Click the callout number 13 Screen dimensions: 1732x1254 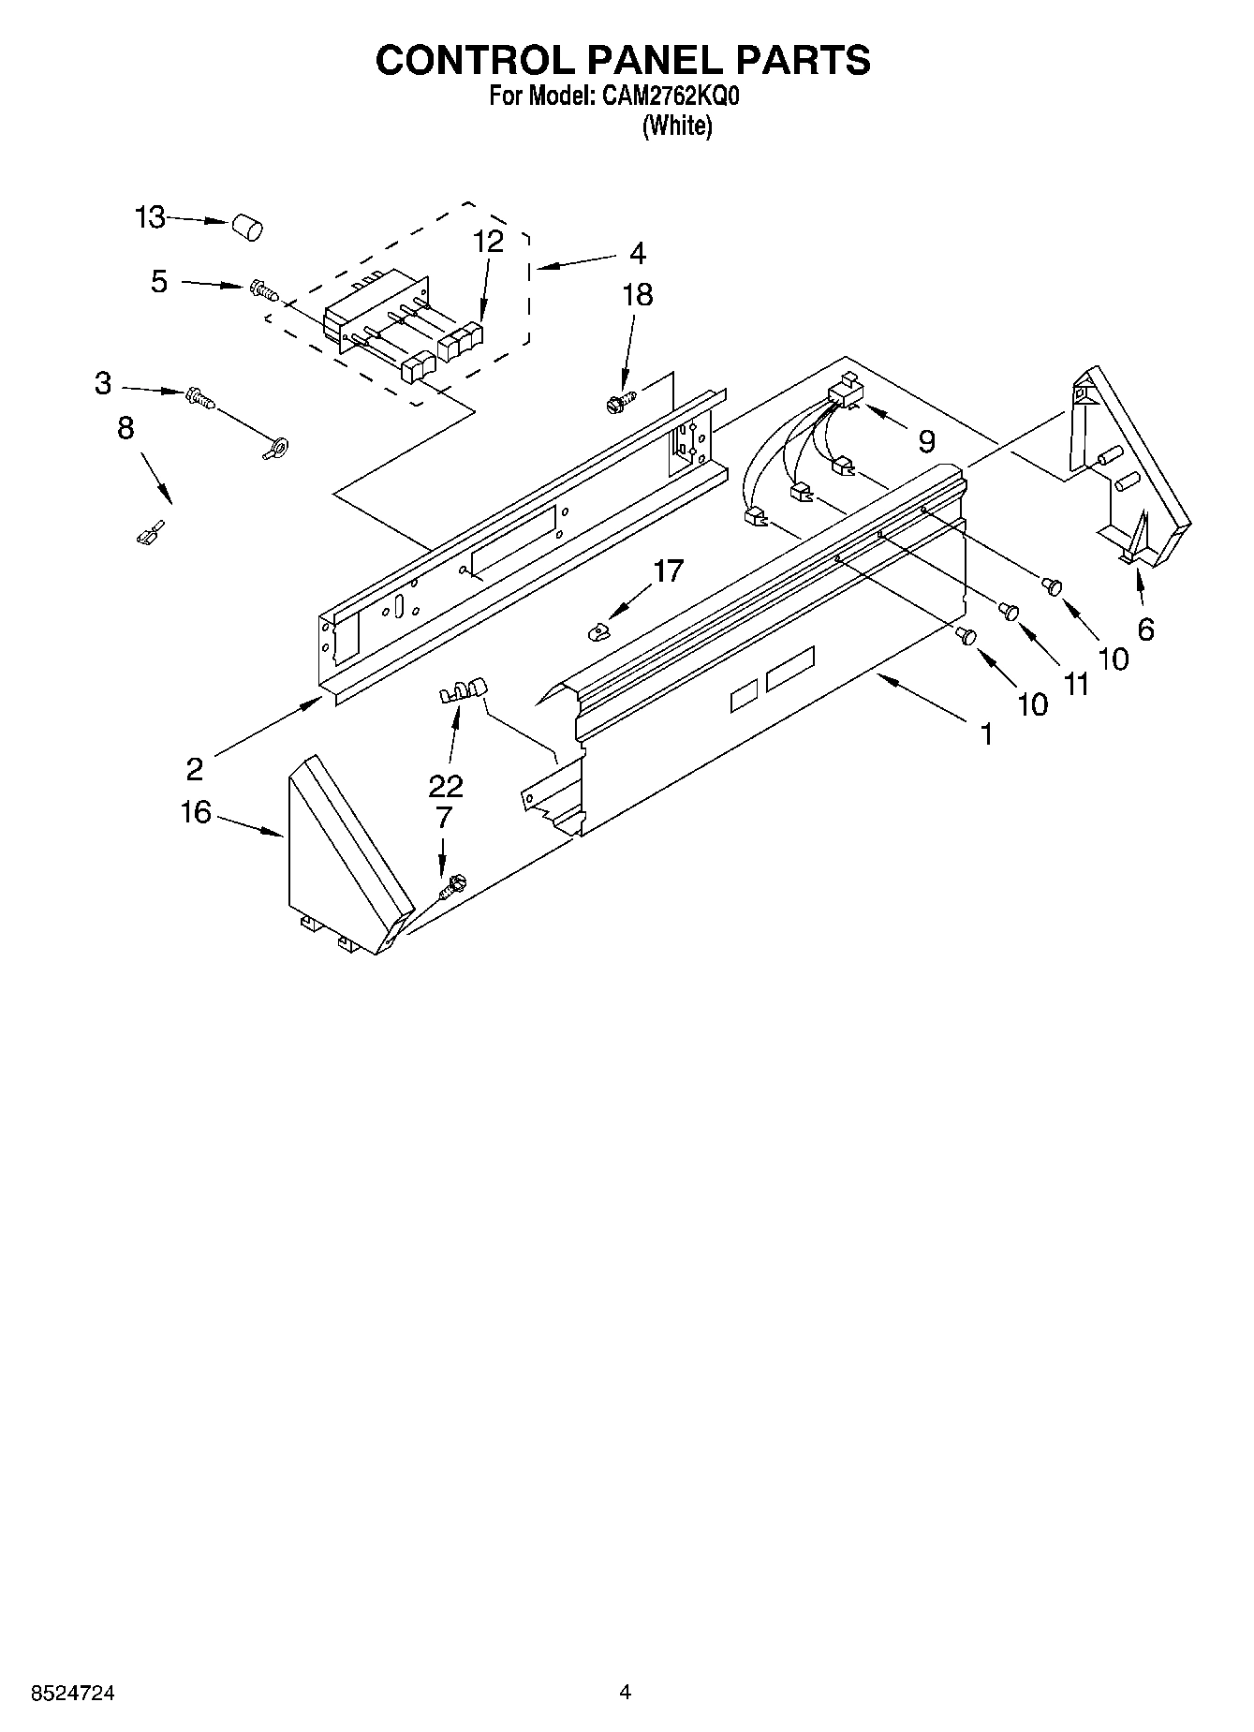tap(149, 217)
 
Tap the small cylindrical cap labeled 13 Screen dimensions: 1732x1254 tap(246, 227)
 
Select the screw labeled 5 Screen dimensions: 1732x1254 tap(264, 290)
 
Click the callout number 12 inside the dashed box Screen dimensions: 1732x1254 tap(487, 242)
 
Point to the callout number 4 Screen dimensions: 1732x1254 tap(637, 253)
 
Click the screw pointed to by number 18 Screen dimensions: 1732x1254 tap(617, 403)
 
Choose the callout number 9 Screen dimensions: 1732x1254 tap(925, 440)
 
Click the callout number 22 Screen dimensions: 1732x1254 tap(445, 785)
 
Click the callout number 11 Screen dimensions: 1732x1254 tap(1076, 685)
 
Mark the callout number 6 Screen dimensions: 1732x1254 tap(1145, 629)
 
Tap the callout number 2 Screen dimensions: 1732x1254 tap(194, 769)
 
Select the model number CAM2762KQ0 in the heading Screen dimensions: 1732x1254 tap(667, 96)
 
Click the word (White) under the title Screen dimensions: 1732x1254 tap(676, 126)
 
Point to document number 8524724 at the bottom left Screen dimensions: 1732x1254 tap(73, 1693)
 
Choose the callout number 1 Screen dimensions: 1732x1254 tap(985, 734)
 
